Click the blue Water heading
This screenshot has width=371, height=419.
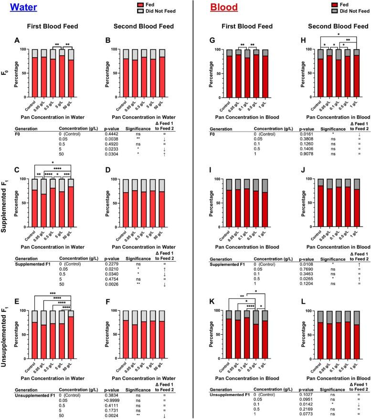pos(20,8)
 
